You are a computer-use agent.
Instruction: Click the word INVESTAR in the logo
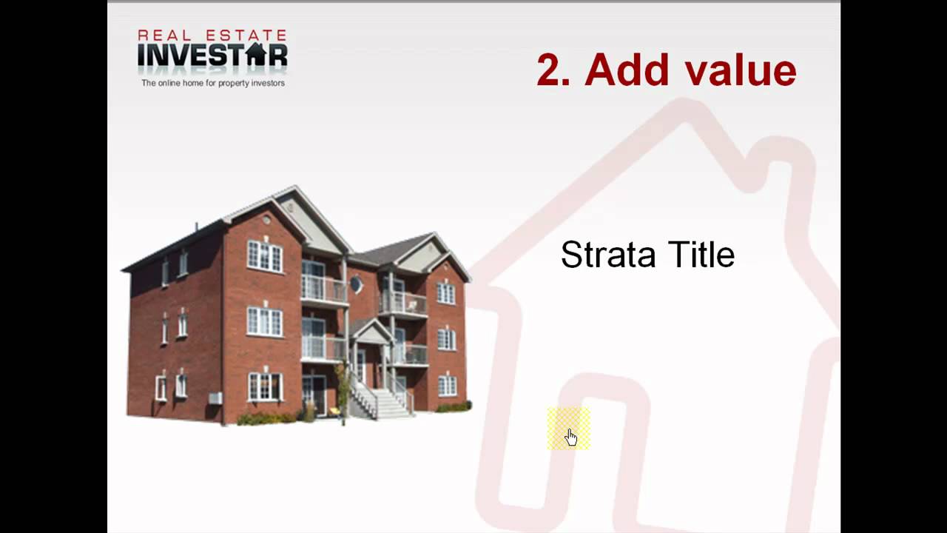click(212, 56)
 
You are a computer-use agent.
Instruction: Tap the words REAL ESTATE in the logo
click(212, 35)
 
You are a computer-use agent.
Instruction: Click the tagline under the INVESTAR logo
click(213, 83)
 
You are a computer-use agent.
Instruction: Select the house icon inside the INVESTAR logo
click(255, 54)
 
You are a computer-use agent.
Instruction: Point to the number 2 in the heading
click(550, 70)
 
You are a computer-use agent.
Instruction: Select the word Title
click(701, 255)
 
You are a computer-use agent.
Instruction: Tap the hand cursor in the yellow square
click(570, 437)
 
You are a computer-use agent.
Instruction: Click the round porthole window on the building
click(357, 284)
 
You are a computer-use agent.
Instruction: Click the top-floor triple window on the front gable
click(264, 256)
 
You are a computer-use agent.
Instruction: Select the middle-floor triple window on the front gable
click(264, 322)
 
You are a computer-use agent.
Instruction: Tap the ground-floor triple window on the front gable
click(264, 386)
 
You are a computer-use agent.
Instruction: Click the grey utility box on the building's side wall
click(215, 398)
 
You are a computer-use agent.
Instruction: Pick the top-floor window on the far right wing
click(446, 293)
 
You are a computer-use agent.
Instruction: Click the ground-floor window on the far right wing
click(447, 386)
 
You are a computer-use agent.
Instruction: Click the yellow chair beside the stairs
click(334, 409)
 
